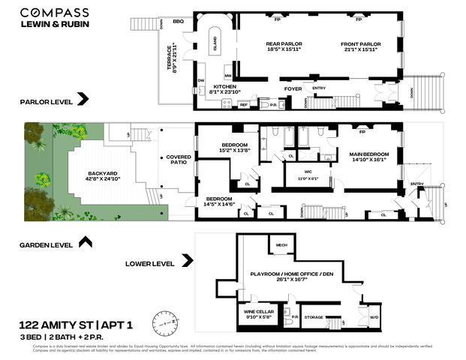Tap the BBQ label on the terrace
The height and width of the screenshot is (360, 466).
coord(179,22)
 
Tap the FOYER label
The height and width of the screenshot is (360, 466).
coord(293,88)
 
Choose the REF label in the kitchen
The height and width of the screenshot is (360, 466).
coord(243,105)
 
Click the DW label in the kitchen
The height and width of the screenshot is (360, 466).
coord(201,80)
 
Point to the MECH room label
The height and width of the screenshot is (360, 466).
coord(281,244)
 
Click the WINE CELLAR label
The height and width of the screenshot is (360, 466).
coord(258,312)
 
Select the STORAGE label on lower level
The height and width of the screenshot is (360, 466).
coord(314,317)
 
